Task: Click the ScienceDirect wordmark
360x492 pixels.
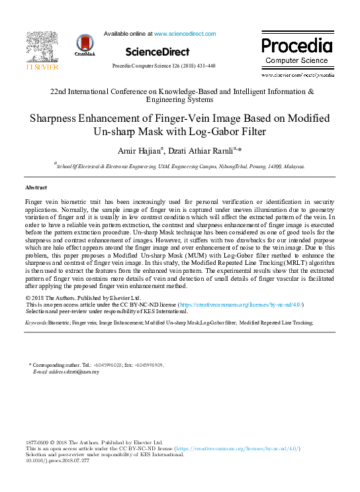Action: click(157, 52)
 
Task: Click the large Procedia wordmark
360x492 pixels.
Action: click(296, 46)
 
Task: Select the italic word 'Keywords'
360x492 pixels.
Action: click(37, 322)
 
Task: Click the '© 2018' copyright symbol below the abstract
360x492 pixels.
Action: click(37, 297)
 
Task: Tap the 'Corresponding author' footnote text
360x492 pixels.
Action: click(60, 366)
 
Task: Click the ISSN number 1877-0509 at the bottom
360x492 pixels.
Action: click(38, 442)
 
